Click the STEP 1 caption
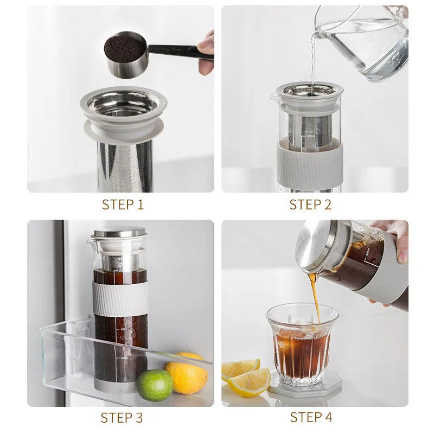click(123, 205)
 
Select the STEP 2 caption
click(310, 205)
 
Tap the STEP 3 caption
click(122, 417)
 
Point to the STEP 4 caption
click(311, 417)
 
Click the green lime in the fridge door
click(154, 385)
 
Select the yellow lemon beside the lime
click(187, 375)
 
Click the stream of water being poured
click(312, 60)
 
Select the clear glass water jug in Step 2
click(369, 43)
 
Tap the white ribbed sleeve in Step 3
click(120, 299)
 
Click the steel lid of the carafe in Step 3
click(120, 232)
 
